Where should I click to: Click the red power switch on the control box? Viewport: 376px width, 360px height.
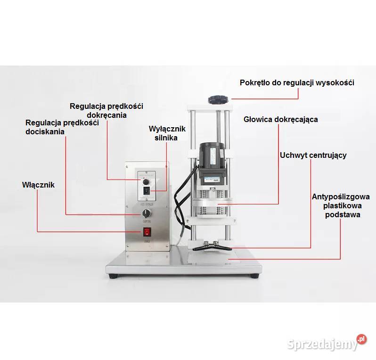147,232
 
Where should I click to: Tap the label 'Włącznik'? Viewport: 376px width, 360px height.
38,185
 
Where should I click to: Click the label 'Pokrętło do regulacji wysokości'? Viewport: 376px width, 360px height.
297,82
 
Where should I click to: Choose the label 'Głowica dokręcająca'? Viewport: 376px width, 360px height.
280,119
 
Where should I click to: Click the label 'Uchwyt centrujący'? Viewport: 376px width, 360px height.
313,155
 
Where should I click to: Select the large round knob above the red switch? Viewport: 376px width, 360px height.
147,214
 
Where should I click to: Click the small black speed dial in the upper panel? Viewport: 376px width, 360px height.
146,180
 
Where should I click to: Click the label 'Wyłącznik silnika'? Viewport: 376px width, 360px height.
167,133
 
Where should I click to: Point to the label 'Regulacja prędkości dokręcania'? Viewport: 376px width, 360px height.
106,110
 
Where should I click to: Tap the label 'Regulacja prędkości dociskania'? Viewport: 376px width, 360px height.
62,127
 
